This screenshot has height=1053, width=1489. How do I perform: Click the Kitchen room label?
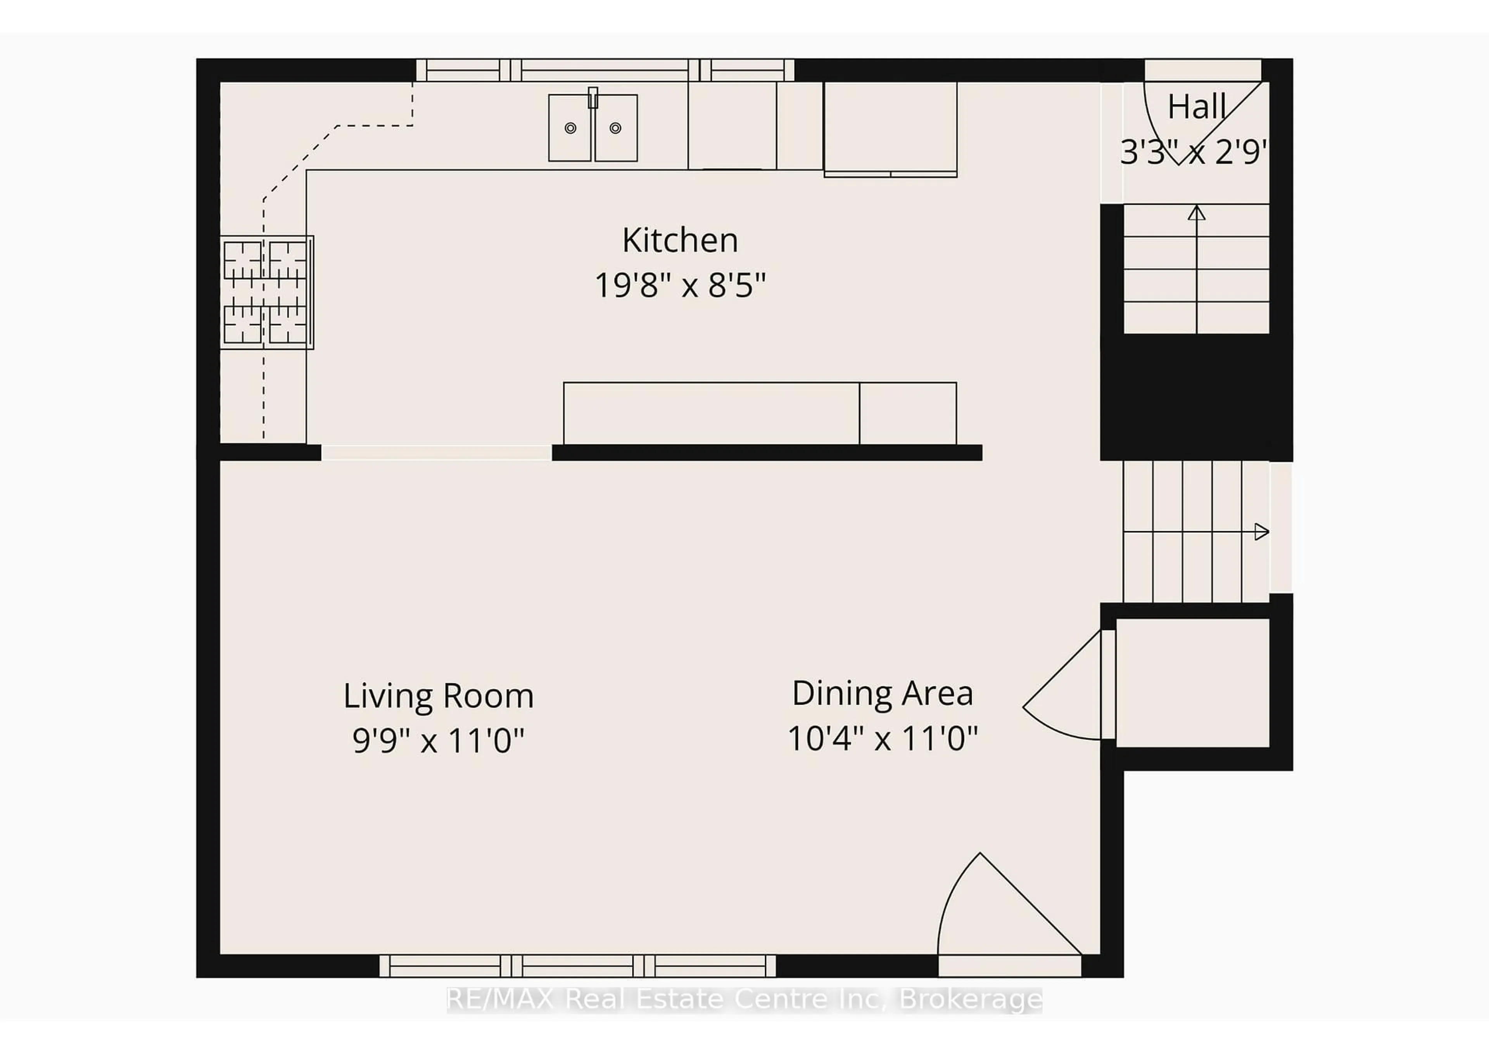tap(680, 241)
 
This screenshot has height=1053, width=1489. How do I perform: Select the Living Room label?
tap(439, 696)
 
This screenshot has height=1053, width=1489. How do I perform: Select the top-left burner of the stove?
tap(243, 260)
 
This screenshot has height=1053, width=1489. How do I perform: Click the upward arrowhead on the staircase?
tap(1197, 213)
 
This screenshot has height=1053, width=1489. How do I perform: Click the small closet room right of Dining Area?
tap(1192, 682)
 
